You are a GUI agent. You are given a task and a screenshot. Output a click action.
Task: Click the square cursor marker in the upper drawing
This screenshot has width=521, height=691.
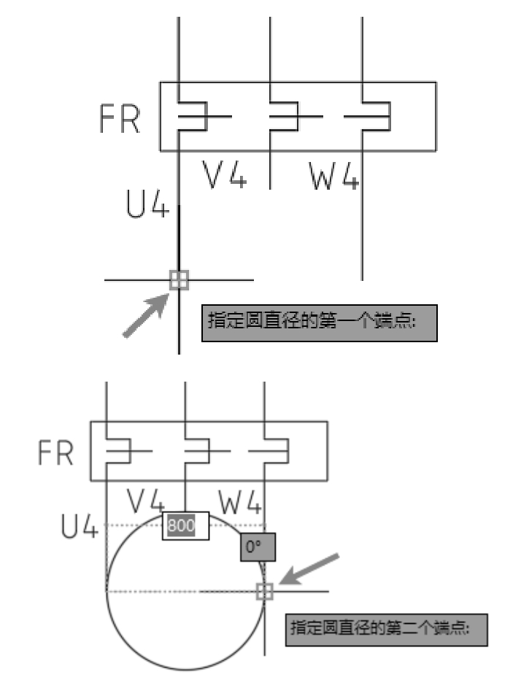179,279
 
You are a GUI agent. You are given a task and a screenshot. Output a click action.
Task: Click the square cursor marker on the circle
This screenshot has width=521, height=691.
264,590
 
